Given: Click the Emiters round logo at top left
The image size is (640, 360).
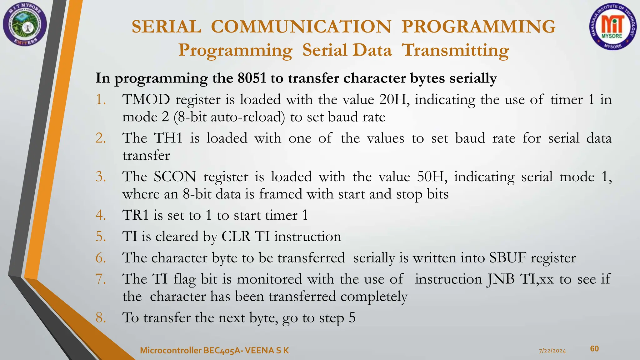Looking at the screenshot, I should point(25,25).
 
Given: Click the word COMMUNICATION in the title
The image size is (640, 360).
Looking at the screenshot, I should point(301,27).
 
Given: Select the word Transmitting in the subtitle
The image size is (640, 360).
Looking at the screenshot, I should point(455,50).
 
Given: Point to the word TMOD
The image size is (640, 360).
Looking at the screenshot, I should point(146,100).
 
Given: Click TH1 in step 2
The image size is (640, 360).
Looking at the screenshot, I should point(168,138).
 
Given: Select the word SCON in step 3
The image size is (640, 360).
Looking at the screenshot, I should point(175,177).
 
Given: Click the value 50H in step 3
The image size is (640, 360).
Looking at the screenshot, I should point(432,177).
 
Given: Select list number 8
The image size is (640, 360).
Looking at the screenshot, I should point(101,318).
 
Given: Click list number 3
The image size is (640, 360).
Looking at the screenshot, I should point(101,177).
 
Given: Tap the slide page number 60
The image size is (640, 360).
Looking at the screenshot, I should point(594,349).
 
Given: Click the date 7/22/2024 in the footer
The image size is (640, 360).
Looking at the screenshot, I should point(552,351).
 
